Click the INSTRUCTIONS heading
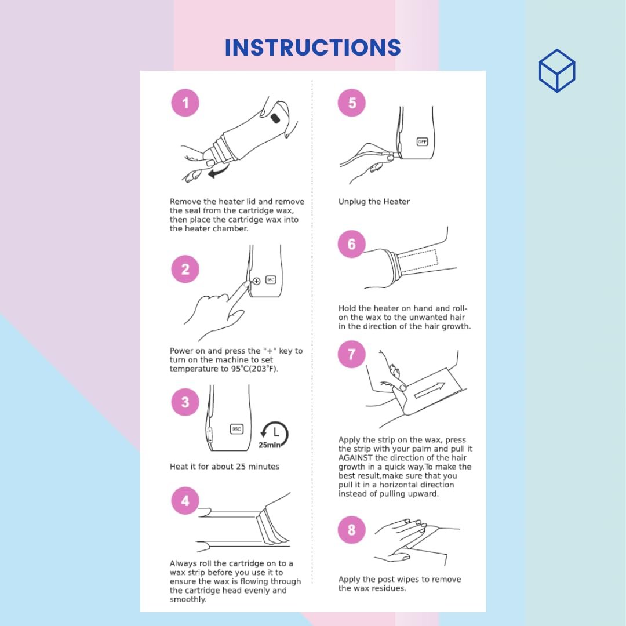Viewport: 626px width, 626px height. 312,48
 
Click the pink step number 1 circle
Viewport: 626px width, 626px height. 185,103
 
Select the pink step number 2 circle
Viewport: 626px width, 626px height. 185,269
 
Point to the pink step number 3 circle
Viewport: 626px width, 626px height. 185,402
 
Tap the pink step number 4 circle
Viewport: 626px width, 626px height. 185,501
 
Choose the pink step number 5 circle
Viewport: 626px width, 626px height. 352,103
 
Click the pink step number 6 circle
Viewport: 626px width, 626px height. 352,244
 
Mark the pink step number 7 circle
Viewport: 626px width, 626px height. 352,354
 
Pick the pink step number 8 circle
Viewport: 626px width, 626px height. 352,530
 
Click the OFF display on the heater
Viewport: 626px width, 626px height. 422,142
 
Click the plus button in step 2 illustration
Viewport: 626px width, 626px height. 257,281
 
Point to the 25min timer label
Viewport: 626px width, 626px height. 270,445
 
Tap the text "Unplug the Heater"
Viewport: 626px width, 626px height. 374,202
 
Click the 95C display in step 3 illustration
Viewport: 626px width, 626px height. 236,429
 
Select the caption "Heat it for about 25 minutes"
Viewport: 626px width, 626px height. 224,466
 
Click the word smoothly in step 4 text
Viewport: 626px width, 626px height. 188,600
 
